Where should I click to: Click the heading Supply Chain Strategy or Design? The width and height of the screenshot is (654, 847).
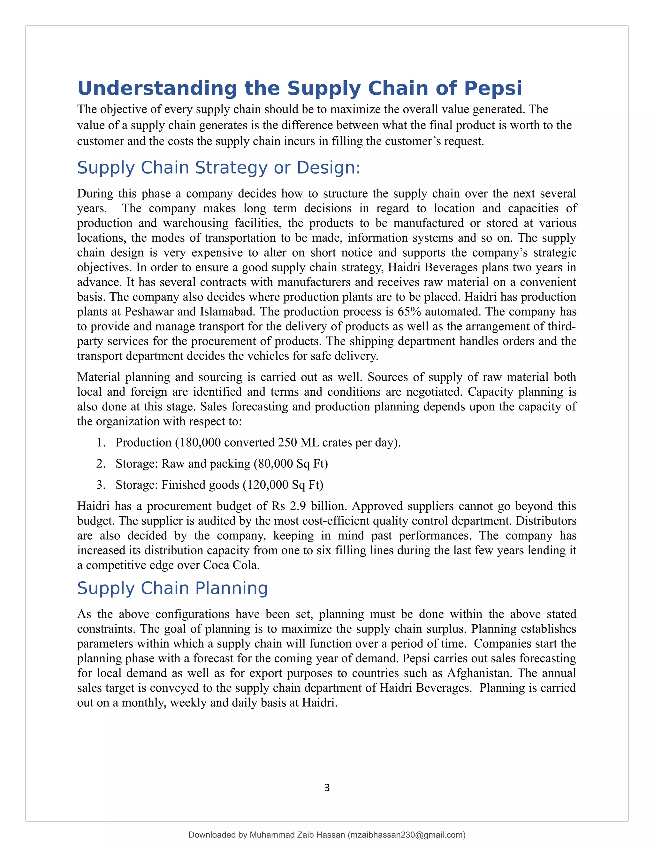[218, 168]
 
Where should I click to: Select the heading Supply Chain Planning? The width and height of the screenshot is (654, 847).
[172, 588]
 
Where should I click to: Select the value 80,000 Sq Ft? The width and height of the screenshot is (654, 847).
[291, 464]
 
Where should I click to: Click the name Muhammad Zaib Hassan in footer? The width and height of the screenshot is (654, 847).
[297, 835]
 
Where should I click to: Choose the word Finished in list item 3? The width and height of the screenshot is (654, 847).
[186, 485]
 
